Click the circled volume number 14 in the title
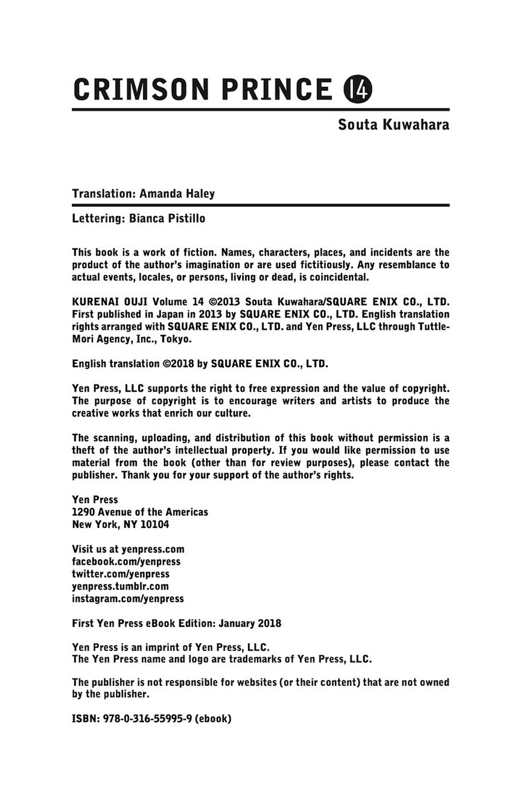click(x=358, y=89)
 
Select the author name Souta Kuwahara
click(x=393, y=125)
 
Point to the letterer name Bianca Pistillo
click(x=167, y=219)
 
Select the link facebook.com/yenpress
click(x=126, y=562)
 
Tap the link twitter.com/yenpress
click(x=121, y=574)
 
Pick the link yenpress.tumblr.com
click(x=120, y=586)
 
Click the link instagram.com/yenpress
click(x=128, y=599)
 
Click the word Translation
click(x=103, y=194)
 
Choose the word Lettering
click(x=98, y=219)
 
